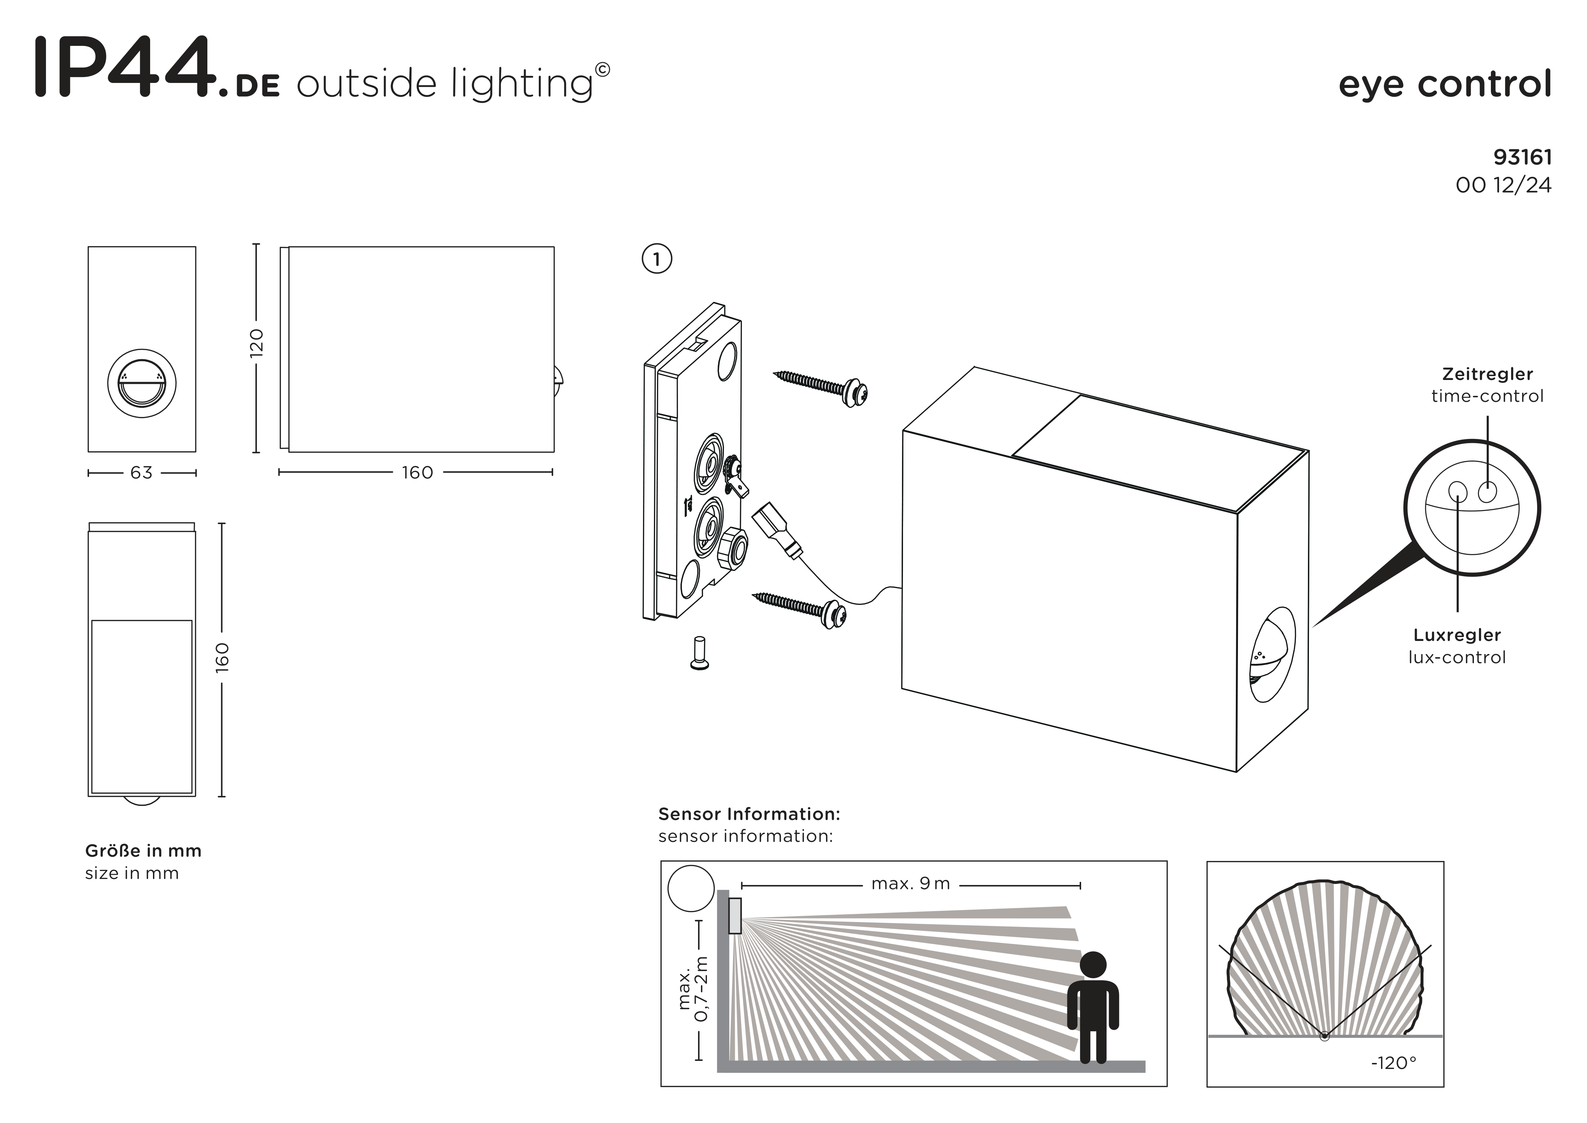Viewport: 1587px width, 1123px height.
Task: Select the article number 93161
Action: click(1522, 158)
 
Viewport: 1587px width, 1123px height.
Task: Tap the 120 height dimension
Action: click(256, 343)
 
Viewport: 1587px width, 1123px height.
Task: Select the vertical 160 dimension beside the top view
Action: click(222, 657)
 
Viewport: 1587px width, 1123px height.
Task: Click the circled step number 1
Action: click(656, 259)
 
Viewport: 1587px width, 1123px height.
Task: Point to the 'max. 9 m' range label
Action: click(910, 884)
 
